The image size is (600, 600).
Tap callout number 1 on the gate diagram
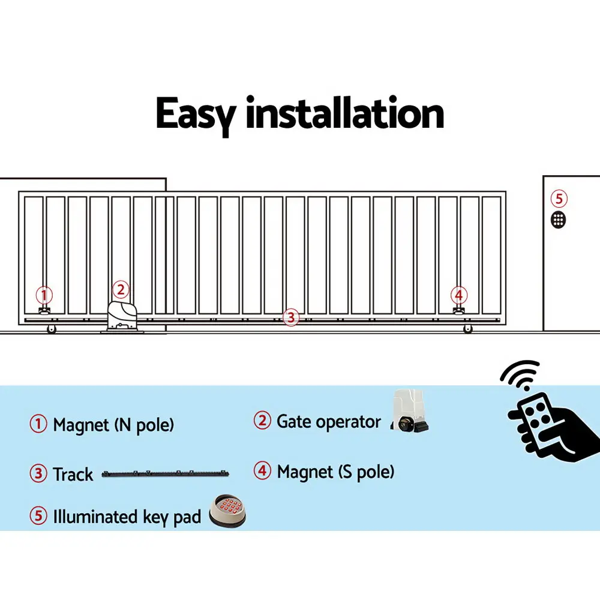[x=44, y=295]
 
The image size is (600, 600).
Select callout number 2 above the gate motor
[x=121, y=290]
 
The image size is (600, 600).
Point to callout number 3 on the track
[x=290, y=317]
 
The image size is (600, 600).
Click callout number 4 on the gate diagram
[x=459, y=295]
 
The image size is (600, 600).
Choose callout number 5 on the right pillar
[x=559, y=199]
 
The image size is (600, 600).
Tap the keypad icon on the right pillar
[x=559, y=220]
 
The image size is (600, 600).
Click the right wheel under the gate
[x=467, y=329]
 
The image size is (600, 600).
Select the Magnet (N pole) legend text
[x=113, y=425]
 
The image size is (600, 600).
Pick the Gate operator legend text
[x=328, y=421]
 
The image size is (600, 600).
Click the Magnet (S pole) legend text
[x=335, y=472]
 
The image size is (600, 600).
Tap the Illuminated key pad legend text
[x=127, y=517]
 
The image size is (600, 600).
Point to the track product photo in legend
[x=166, y=474]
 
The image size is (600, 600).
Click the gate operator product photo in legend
[x=408, y=413]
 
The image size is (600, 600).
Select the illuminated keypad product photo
[x=228, y=511]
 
